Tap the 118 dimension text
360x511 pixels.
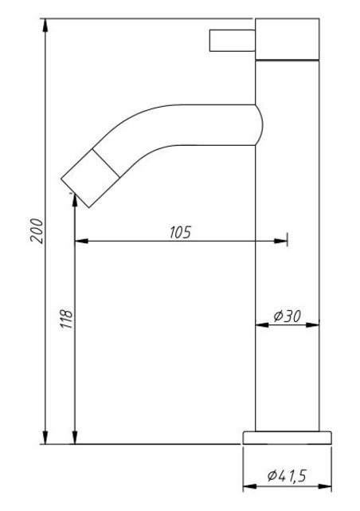click(x=67, y=319)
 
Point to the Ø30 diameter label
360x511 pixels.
click(x=287, y=316)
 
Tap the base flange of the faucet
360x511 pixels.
click(x=287, y=436)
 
